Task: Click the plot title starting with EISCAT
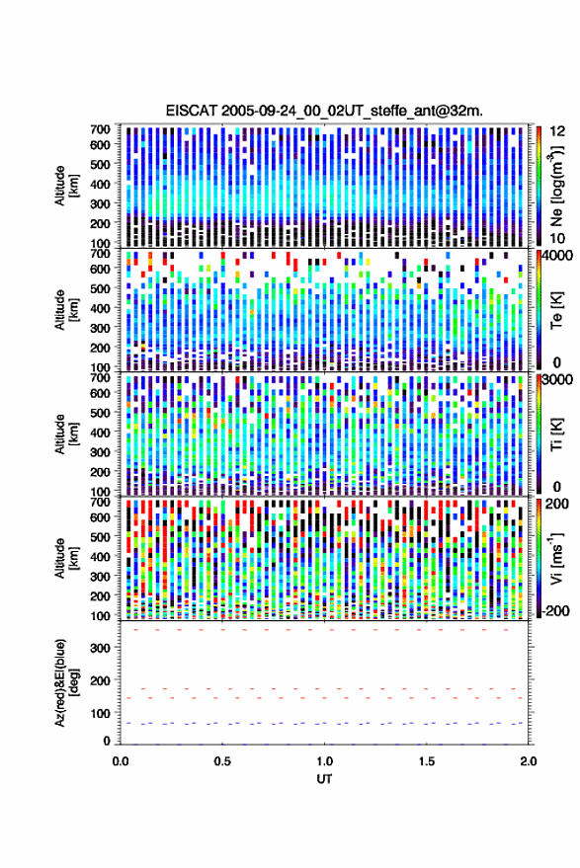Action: click(x=324, y=111)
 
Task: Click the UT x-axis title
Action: click(x=324, y=779)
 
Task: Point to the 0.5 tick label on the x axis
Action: click(x=222, y=761)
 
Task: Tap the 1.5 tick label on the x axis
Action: click(x=427, y=761)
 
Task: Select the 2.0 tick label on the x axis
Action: click(x=529, y=761)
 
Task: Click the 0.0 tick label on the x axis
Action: click(x=121, y=761)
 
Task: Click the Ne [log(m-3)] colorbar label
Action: click(x=555, y=186)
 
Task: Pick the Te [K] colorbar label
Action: click(x=556, y=310)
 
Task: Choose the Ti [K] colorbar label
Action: click(x=556, y=434)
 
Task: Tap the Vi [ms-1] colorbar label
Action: click(x=556, y=558)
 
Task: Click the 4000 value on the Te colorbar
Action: click(x=555, y=255)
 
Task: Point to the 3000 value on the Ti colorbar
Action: click(x=555, y=379)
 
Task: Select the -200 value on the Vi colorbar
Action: click(x=555, y=610)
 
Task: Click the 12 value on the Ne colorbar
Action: click(x=557, y=131)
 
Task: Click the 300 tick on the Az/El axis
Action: click(x=100, y=648)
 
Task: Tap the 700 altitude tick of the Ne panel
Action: click(x=100, y=129)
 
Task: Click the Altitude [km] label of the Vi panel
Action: click(x=66, y=558)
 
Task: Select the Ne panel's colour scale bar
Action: click(x=539, y=186)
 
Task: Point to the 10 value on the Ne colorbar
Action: click(x=557, y=239)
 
